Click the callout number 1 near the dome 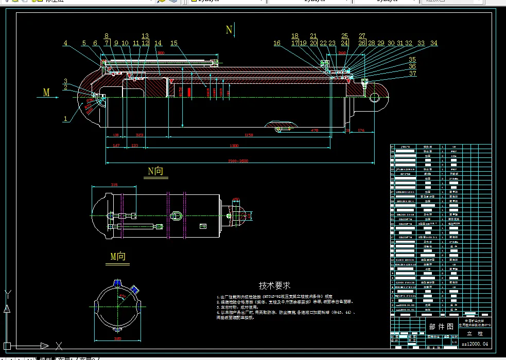pyautogui.click(x=65, y=119)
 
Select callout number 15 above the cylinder pyautogui.click(x=174, y=43)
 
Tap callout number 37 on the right pyautogui.click(x=412, y=74)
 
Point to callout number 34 pyautogui.click(x=433, y=43)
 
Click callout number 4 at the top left pyautogui.click(x=65, y=43)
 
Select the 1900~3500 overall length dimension pyautogui.click(x=238, y=161)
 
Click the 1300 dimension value pyautogui.click(x=234, y=146)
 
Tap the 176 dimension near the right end pyautogui.click(x=361, y=131)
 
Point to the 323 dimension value pyautogui.click(x=139, y=135)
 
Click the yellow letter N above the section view pyautogui.click(x=230, y=30)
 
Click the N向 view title pyautogui.click(x=155, y=171)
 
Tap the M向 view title pyautogui.click(x=118, y=256)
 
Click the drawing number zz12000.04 pyautogui.click(x=474, y=343)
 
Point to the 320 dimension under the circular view pyautogui.click(x=117, y=339)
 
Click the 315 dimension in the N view pyautogui.click(x=114, y=185)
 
